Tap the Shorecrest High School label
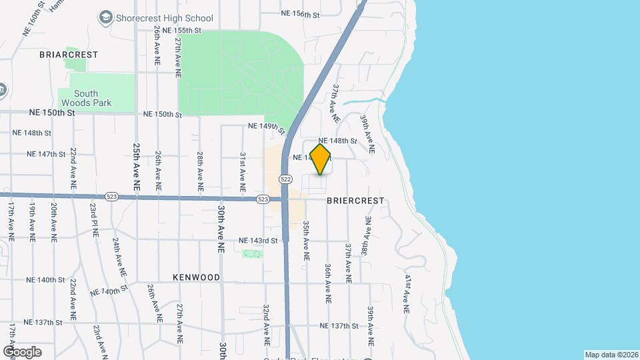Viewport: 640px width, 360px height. (165, 18)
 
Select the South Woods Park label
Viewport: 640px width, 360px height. (87, 99)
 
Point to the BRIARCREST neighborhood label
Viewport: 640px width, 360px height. (69, 54)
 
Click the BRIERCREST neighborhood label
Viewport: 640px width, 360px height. (355, 200)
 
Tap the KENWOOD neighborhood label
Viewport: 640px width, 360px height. (196, 276)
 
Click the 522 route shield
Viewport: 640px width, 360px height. (286, 179)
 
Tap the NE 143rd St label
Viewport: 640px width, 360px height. (258, 240)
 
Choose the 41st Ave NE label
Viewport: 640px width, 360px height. (407, 293)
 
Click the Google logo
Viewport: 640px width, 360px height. (22, 351)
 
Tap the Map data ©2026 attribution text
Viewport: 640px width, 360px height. (611, 355)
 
